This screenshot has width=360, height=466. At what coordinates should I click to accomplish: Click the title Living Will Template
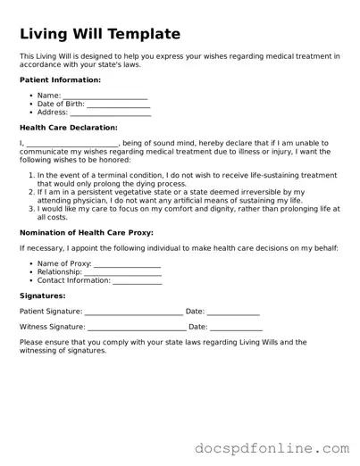(99, 34)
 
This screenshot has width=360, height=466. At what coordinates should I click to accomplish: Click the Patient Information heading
(60, 80)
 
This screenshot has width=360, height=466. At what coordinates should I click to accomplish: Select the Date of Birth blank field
(119, 104)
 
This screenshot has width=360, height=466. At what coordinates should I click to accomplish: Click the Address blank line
(110, 113)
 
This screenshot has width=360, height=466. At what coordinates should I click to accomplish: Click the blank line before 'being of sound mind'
(72, 144)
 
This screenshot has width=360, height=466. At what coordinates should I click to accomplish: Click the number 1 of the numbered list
(30, 176)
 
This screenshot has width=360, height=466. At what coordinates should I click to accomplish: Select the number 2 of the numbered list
(30, 192)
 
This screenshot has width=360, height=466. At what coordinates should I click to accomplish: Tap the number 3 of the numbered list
(30, 208)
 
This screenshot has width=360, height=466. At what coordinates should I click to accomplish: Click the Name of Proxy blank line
(127, 264)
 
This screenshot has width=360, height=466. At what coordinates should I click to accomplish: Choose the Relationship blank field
(122, 272)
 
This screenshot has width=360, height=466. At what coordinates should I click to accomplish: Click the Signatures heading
(42, 295)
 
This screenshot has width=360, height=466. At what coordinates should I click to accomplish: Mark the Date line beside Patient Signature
(233, 312)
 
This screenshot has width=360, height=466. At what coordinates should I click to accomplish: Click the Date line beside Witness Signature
(237, 329)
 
